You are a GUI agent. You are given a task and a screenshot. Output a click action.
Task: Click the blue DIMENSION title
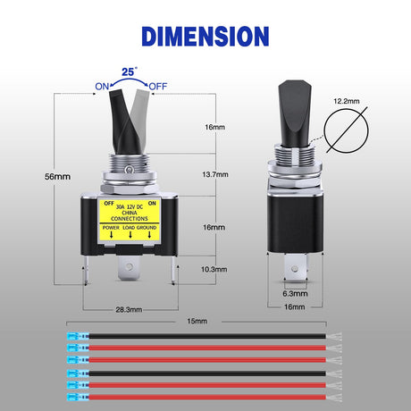tap(205, 37)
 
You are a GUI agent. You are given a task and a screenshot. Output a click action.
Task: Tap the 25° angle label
tap(130, 71)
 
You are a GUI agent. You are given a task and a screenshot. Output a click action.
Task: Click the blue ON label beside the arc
tap(102, 87)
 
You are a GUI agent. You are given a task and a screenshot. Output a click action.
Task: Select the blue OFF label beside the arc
tap(158, 87)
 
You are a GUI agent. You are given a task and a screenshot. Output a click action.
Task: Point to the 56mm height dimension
tap(57, 177)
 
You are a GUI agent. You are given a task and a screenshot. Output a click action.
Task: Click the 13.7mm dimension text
tap(215, 174)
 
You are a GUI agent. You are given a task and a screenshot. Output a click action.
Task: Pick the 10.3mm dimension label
tap(214, 269)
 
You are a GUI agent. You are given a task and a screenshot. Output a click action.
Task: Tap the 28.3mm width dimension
tap(129, 310)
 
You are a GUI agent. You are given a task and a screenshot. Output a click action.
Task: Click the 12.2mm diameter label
tap(347, 101)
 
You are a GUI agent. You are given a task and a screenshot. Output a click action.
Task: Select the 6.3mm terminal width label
tap(295, 294)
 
